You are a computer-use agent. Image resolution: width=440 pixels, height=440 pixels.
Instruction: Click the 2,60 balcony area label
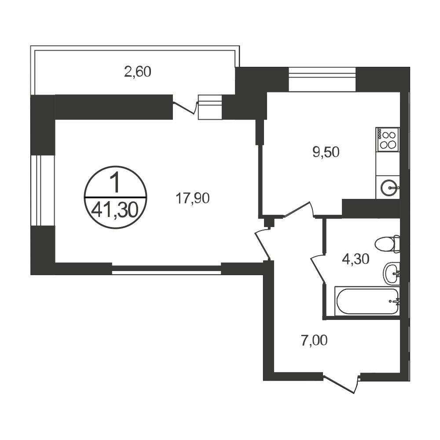click(x=137, y=72)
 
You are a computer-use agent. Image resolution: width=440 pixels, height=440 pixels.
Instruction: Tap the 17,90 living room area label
click(x=193, y=199)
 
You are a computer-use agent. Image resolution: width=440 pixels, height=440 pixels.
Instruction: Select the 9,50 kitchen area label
click(x=326, y=152)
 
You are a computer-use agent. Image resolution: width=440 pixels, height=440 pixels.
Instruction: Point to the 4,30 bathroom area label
click(x=356, y=259)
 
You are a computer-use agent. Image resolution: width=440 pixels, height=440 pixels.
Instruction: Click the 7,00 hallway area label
click(x=314, y=341)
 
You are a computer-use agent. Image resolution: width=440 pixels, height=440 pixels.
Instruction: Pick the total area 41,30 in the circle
click(x=115, y=210)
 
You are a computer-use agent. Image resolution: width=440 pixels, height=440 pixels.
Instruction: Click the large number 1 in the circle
click(x=115, y=183)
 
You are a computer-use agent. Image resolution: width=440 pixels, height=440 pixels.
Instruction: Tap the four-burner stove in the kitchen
click(x=388, y=139)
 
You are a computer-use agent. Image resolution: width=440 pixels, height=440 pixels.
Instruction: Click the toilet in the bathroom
click(x=387, y=244)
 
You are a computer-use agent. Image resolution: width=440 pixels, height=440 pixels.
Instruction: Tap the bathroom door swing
click(x=318, y=268)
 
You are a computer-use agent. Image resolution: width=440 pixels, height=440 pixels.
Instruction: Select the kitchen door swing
click(x=299, y=209)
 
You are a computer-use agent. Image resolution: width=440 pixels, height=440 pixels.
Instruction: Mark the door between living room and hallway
click(x=263, y=243)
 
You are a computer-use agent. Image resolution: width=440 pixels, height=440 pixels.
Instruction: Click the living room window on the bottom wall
click(x=166, y=268)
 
